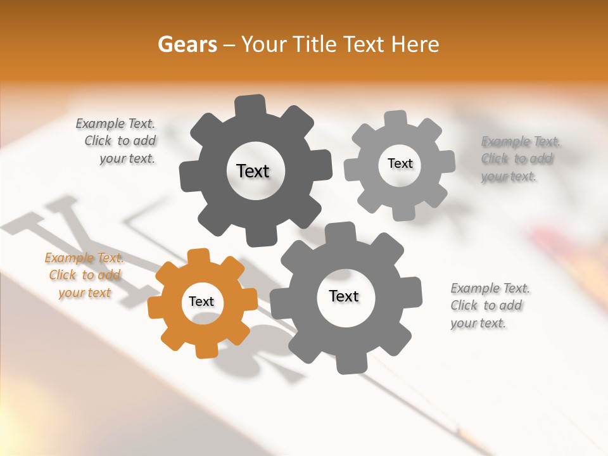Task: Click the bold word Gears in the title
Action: [x=187, y=44]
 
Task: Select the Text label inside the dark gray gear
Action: [x=253, y=171]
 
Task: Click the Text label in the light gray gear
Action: [x=400, y=163]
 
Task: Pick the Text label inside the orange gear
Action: [x=201, y=302]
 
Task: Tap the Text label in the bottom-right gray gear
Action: [x=344, y=296]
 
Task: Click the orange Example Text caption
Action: [x=84, y=275]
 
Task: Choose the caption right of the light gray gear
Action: [x=520, y=158]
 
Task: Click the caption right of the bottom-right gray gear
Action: [x=490, y=305]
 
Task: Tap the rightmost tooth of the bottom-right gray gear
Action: [x=412, y=291]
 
